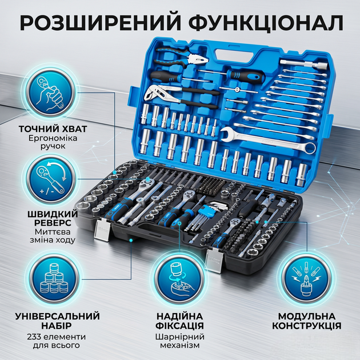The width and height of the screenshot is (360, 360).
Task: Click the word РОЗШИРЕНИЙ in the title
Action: point(101,22)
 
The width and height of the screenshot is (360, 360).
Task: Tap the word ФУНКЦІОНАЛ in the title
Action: point(266,23)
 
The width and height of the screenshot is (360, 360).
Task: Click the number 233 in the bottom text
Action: point(34,337)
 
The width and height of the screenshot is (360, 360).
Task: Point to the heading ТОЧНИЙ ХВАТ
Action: point(53,129)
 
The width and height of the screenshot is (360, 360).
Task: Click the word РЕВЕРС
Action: point(53,223)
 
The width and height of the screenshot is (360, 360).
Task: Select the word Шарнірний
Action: point(180,337)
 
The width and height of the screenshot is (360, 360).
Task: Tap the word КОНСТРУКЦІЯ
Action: point(307,326)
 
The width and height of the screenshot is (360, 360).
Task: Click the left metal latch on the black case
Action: point(102,230)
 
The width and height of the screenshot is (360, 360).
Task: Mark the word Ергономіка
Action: point(53,138)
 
